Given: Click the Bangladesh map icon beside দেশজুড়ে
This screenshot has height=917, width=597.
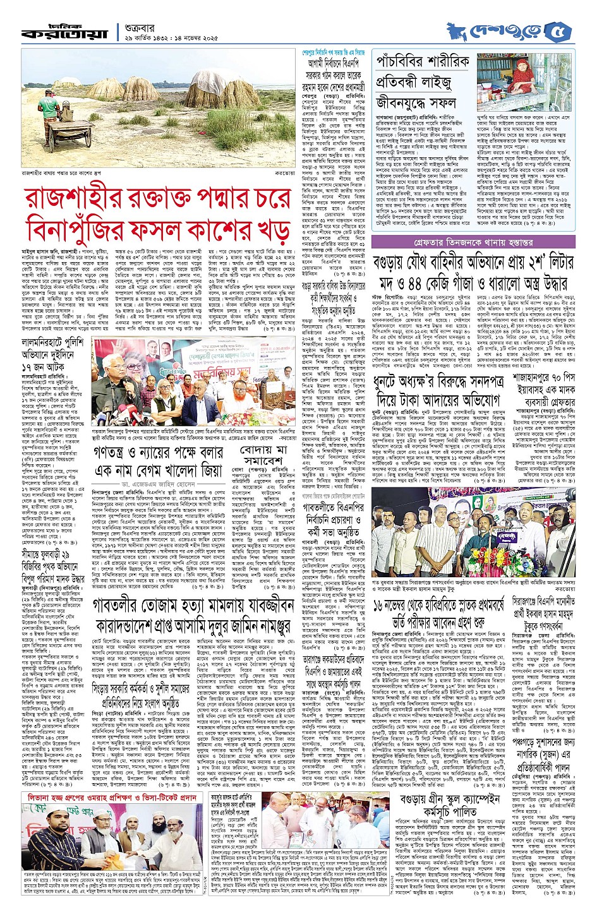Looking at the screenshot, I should tap(457, 30).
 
